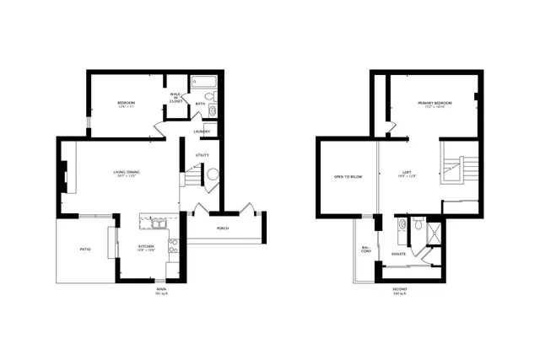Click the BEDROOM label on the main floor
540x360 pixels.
point(127,104)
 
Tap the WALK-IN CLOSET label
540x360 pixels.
point(175,97)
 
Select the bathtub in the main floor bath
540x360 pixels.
point(203,83)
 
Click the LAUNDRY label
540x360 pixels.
point(202,132)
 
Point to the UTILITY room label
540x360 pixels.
point(202,155)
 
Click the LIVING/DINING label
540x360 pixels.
point(127,175)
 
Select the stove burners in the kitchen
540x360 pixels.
point(173,245)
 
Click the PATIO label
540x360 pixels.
point(85,250)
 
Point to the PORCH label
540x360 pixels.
point(223,228)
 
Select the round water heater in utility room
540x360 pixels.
point(213,175)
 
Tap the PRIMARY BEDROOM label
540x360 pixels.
point(435,104)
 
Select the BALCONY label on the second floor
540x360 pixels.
point(366,250)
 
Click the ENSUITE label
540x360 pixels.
point(398,254)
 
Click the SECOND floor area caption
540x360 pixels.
point(400,292)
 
